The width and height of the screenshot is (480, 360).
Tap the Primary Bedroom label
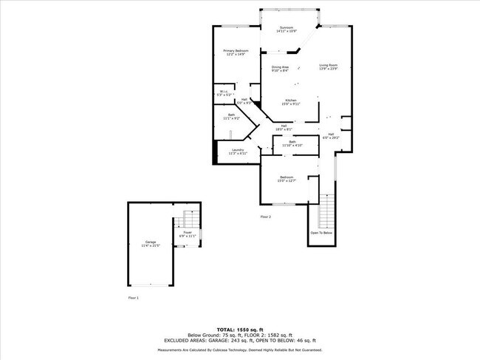pyautogui.click(x=236, y=52)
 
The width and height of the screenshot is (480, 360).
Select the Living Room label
pyautogui.click(x=329, y=67)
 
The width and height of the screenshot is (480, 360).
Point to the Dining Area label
pyautogui.click(x=280, y=69)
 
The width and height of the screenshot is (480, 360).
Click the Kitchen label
pyautogui.click(x=291, y=102)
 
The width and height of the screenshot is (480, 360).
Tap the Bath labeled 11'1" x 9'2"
pyautogui.click(x=231, y=116)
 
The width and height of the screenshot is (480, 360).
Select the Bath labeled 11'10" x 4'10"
pyautogui.click(x=292, y=143)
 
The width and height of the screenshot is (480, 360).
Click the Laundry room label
pyautogui.click(x=238, y=152)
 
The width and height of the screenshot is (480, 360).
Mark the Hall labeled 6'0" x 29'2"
pyautogui.click(x=331, y=136)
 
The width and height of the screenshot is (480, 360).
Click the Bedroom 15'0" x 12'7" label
pyautogui.click(x=287, y=179)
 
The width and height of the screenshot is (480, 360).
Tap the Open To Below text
pyautogui.click(x=321, y=232)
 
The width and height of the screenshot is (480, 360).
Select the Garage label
pyautogui.click(x=151, y=243)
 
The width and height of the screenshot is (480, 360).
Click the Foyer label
pyautogui.click(x=187, y=234)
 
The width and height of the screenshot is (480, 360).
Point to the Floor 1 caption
pyautogui.click(x=133, y=298)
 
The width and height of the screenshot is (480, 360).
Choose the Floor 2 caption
pyautogui.click(x=266, y=217)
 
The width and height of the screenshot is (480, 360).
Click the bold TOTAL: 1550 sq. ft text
pyautogui.click(x=239, y=328)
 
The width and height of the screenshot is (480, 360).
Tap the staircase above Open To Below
pyautogui.click(x=326, y=211)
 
